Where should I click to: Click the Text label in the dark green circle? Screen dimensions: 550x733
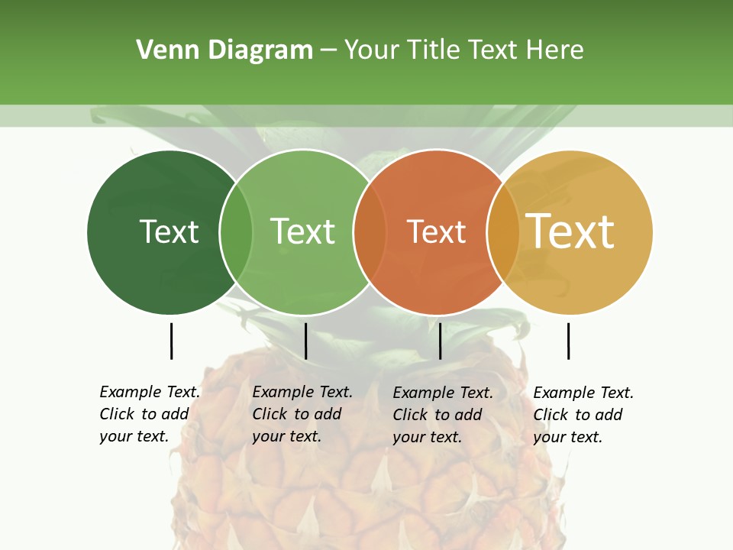169,231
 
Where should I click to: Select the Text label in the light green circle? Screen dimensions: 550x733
302,231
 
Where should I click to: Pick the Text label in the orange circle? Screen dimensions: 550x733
436,231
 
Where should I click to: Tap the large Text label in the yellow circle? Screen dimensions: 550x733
570,231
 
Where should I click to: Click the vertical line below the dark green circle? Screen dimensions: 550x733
171,341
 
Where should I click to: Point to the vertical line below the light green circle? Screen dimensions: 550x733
305,341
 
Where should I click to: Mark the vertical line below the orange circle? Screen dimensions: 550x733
440,341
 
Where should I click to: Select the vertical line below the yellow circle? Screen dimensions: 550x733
568,341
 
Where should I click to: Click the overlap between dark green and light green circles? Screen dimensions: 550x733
236,231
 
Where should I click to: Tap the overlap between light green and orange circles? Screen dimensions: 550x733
370,231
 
